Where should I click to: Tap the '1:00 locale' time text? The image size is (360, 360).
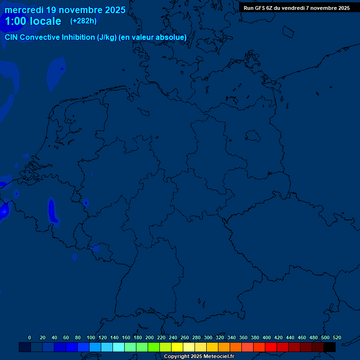pyautogui.click(x=33, y=21)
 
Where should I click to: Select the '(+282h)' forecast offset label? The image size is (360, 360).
pyautogui.click(x=83, y=21)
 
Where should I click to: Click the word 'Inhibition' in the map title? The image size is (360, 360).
pyautogui.click(x=78, y=37)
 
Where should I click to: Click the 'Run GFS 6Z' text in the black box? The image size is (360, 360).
pyautogui.click(x=259, y=8)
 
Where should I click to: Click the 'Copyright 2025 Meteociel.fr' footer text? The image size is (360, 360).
pyautogui.click(x=199, y=357)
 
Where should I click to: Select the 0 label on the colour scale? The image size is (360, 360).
pyautogui.click(x=30, y=338)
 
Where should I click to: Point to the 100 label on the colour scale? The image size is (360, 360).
pyautogui.click(x=91, y=338)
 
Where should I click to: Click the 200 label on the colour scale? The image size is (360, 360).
pyautogui.click(x=150, y=338)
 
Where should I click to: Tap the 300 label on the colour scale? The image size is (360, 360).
pyautogui.click(x=208, y=338)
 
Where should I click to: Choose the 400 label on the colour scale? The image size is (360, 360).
pyautogui.click(x=267, y=338)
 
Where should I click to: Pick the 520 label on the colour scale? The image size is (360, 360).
pyautogui.click(x=337, y=338)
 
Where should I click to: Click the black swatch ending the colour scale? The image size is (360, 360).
pyautogui.click(x=330, y=347)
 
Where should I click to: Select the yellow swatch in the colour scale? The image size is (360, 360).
pyautogui.click(x=177, y=347)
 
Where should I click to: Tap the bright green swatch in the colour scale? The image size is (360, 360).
pyautogui.click(x=154, y=347)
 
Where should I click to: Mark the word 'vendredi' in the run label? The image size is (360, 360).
pyautogui.click(x=296, y=8)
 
